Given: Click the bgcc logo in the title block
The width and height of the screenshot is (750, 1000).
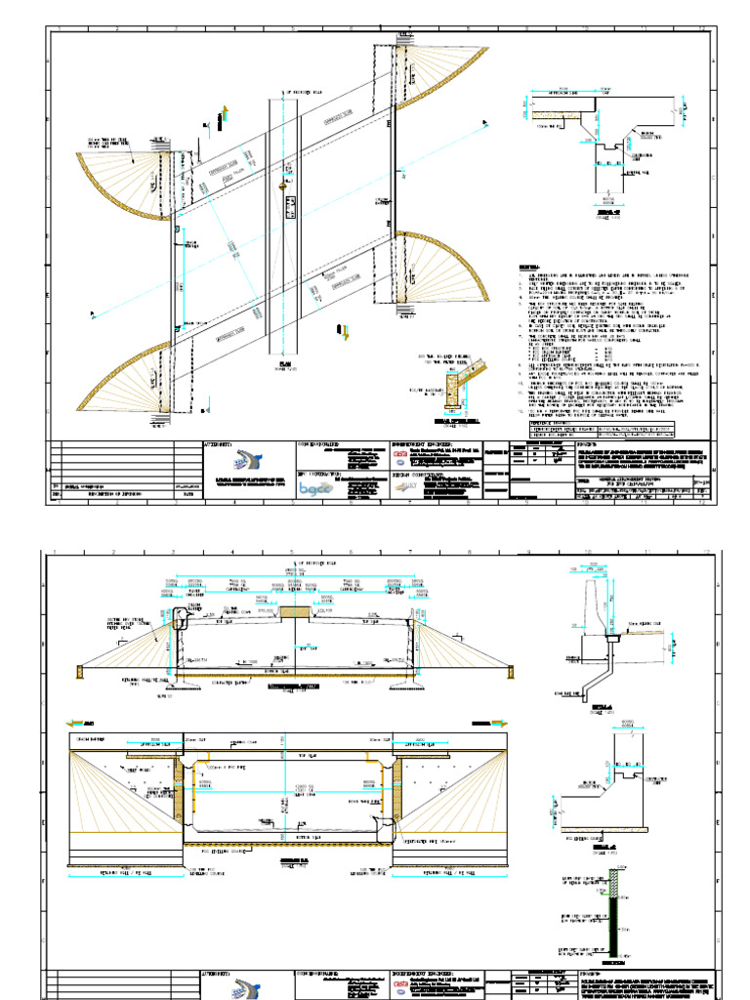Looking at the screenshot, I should (x=315, y=487).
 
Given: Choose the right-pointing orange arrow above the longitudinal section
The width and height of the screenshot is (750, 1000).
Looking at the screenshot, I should (x=510, y=724).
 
